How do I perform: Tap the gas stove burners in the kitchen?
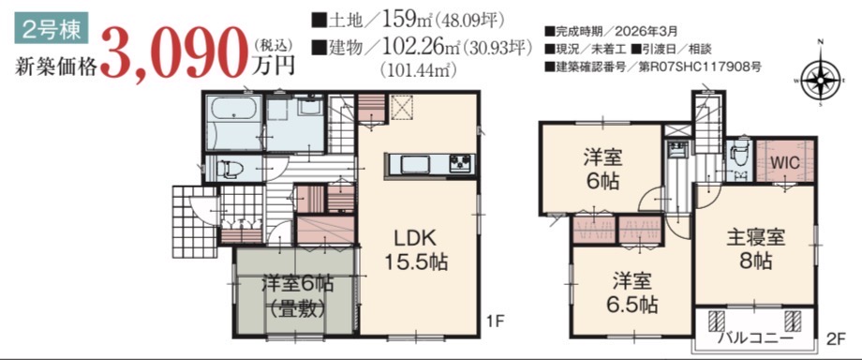(461, 163)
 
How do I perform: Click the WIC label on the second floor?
(784, 163)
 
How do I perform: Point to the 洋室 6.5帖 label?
(632, 292)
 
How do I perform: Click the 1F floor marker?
(496, 321)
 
